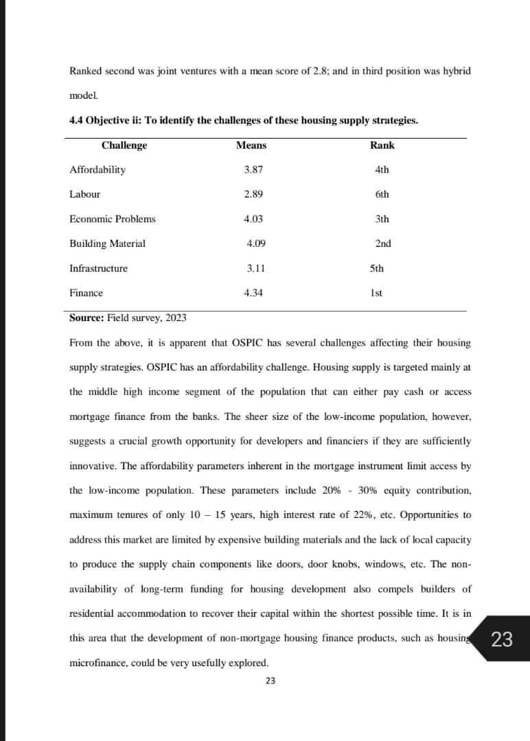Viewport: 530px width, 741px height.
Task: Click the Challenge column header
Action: (x=124, y=145)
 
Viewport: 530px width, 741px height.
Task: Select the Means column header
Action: (x=251, y=145)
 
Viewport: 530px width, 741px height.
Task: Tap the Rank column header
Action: (x=382, y=145)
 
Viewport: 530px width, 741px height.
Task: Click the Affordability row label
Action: (x=97, y=169)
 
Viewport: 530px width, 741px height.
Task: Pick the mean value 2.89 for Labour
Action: (x=253, y=194)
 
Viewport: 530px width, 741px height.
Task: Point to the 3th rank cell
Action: (x=382, y=219)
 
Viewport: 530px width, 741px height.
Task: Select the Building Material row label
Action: (x=107, y=244)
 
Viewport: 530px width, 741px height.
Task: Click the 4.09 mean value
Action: (x=256, y=244)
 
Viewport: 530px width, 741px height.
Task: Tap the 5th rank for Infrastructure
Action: (x=377, y=268)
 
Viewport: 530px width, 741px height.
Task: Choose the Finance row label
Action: (x=86, y=293)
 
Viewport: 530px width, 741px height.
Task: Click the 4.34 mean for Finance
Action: (x=253, y=293)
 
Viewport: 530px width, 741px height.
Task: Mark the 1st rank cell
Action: (x=376, y=293)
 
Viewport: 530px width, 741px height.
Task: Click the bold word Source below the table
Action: (x=87, y=318)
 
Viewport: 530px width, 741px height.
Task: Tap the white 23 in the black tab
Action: (x=502, y=639)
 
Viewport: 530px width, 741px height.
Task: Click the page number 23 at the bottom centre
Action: (x=270, y=681)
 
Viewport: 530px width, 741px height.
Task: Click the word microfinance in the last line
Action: (x=100, y=663)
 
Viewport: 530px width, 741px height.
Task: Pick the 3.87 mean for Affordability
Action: (x=253, y=169)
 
